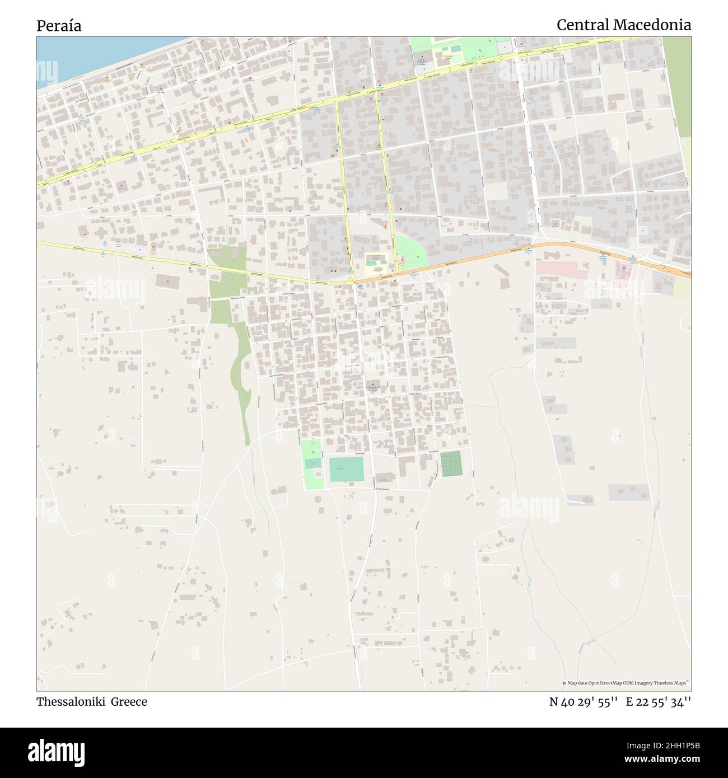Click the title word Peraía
[59, 26]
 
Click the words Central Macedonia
[623, 25]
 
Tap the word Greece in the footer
[128, 702]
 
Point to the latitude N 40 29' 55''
[584, 702]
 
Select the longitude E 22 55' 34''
[659, 702]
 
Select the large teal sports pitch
[346, 469]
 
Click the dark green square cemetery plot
[451, 464]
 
